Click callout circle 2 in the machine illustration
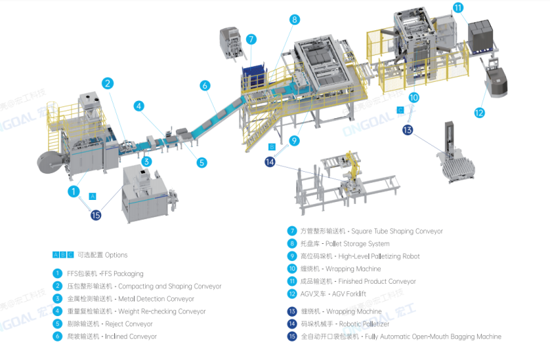[108, 83]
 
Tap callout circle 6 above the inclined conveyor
[205, 86]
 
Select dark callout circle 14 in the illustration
[270, 162]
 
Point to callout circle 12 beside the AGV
[478, 113]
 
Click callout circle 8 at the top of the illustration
[294, 20]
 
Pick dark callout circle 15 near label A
[96, 215]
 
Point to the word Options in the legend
[113, 255]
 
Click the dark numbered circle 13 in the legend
[292, 311]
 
